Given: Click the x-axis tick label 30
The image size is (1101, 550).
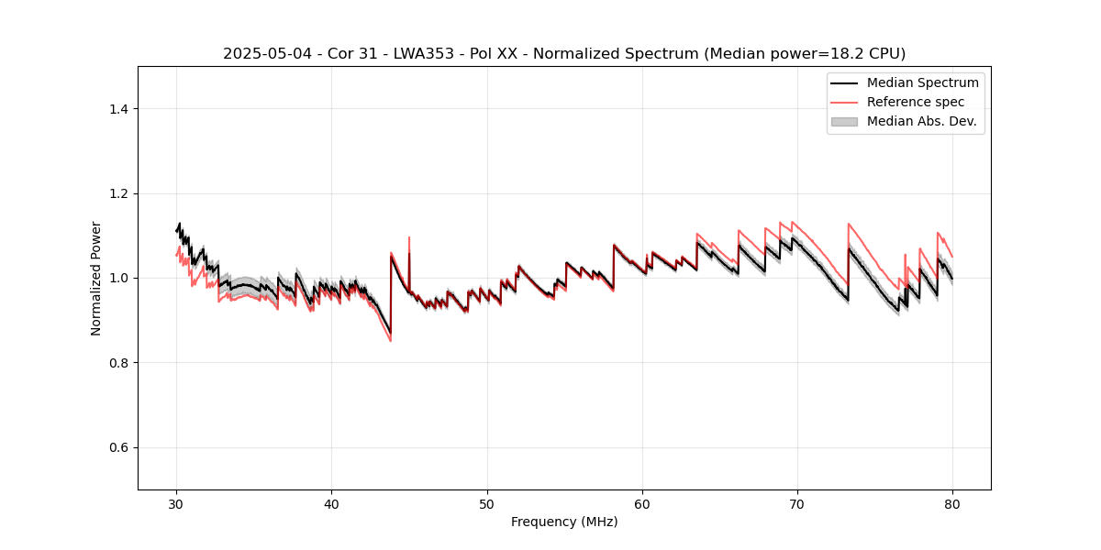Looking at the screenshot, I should [x=176, y=504].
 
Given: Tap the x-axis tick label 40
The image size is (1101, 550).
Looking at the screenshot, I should [x=331, y=504].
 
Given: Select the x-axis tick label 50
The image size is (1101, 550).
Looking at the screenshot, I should [x=486, y=504].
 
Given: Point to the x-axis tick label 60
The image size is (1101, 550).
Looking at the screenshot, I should [x=642, y=504].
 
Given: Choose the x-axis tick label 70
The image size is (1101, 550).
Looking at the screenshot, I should [x=797, y=504].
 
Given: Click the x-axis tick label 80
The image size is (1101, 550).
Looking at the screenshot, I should [x=952, y=504].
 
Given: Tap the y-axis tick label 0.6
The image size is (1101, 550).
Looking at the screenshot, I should [x=118, y=447].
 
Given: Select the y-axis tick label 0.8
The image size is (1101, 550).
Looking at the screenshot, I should [x=118, y=363].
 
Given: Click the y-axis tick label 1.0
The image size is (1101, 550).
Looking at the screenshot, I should [x=118, y=278].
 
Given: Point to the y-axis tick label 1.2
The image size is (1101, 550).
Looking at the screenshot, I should [x=118, y=193].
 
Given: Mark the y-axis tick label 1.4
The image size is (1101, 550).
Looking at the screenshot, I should [x=118, y=109].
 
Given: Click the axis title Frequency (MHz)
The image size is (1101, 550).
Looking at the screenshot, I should [x=564, y=522].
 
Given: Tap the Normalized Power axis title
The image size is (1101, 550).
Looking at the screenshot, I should [x=96, y=278].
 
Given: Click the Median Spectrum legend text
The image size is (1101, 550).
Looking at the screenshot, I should [x=922, y=82].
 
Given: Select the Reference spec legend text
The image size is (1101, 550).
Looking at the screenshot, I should [x=915, y=102].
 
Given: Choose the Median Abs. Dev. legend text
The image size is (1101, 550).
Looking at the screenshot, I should [x=921, y=121].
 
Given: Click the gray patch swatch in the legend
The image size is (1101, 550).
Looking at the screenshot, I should [x=844, y=121].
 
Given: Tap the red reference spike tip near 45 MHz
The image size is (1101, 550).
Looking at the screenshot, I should [x=409, y=237].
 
